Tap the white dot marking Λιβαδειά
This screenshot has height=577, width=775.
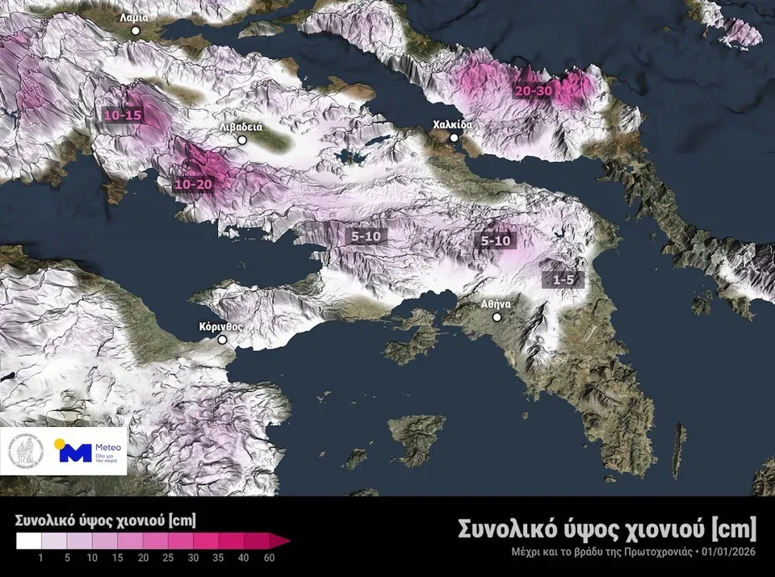pos(241,140)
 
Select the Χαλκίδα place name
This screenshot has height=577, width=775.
pos(451,125)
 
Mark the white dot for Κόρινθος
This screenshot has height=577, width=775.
pos(223,341)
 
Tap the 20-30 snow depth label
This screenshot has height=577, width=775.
pos(534,91)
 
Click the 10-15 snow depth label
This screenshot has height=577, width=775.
pos(123,115)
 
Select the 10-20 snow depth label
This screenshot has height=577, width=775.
pos(194,185)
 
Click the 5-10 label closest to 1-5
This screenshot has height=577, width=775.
pos(496,240)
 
